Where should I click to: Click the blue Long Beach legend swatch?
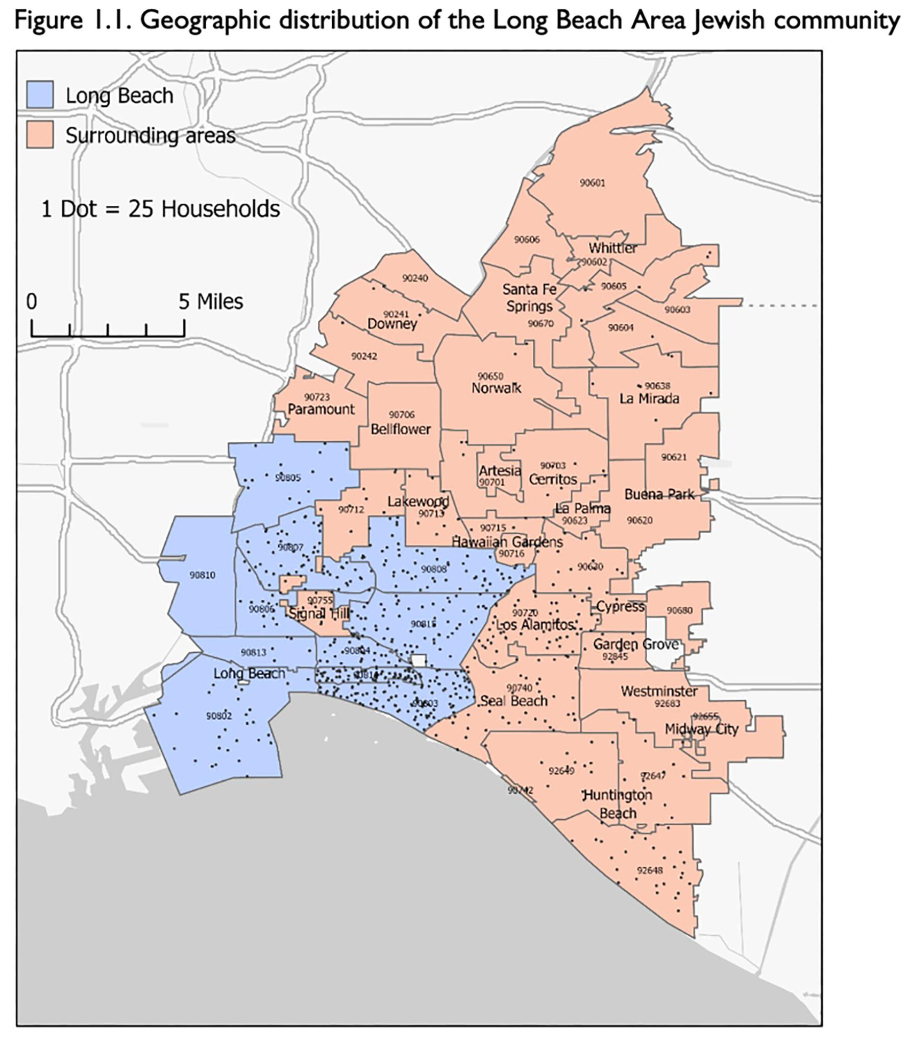(40, 95)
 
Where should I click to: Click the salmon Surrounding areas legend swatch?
(40, 135)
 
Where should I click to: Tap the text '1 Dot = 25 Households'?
(160, 209)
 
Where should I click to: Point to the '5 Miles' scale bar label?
(211, 302)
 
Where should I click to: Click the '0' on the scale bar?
(32, 302)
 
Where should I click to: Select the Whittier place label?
(612, 248)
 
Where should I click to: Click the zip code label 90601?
(592, 183)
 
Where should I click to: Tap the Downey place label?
(392, 324)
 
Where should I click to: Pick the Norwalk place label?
(496, 388)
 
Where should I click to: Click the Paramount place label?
(321, 409)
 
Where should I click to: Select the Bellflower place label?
(401, 429)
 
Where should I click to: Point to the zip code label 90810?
(203, 575)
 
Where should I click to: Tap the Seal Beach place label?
(514, 701)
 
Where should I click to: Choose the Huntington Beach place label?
(618, 804)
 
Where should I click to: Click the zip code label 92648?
(650, 870)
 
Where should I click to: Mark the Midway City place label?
(701, 729)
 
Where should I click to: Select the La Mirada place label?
(649, 398)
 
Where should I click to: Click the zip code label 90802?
(219, 716)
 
